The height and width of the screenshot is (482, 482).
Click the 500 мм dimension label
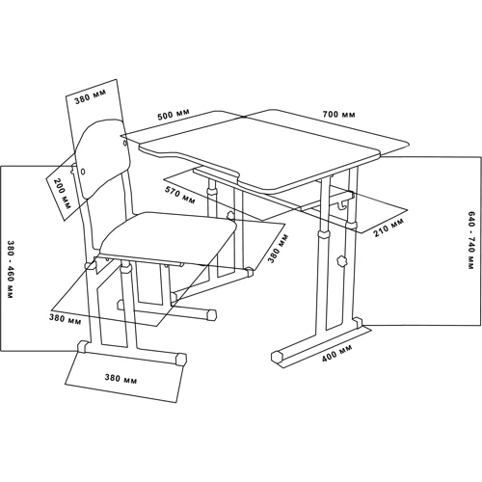tap(174, 114)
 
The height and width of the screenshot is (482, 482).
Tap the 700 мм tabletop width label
tap(339, 114)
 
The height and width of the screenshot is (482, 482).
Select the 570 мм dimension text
tap(180, 195)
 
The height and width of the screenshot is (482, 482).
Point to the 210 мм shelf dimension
tap(388, 228)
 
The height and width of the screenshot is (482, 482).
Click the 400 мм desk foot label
tap(337, 353)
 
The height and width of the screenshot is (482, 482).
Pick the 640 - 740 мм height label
tap(471, 240)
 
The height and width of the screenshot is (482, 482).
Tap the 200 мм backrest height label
tap(62, 194)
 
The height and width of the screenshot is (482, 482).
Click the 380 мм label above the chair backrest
tap(91, 97)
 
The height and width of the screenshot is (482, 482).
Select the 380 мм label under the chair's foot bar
tap(120, 378)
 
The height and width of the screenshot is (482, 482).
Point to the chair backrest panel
tap(103, 158)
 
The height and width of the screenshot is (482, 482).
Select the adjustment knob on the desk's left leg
tap(230, 215)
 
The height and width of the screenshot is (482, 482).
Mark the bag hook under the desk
tap(343, 205)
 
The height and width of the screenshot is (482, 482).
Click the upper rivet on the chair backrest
tap(124, 143)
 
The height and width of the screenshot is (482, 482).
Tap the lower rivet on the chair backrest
tap(83, 172)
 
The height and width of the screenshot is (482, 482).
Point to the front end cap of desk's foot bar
tap(278, 357)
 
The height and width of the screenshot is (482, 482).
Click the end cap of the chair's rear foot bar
tap(211, 314)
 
